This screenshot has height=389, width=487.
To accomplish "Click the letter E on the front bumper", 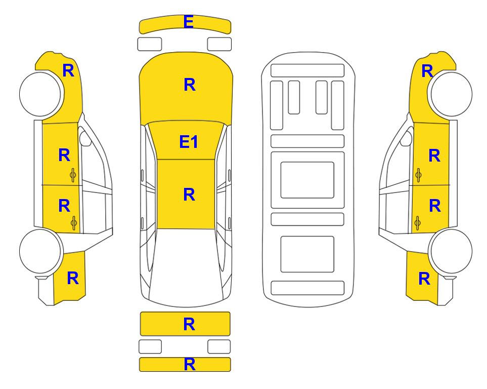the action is [x=189, y=22].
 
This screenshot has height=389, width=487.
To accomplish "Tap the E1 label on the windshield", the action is [x=189, y=142].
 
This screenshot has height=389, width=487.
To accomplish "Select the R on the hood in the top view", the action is [x=190, y=85].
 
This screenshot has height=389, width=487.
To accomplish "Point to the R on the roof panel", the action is [x=189, y=194].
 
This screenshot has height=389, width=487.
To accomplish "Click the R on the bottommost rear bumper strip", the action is [x=190, y=364].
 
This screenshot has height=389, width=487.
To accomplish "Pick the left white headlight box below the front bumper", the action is [x=150, y=44].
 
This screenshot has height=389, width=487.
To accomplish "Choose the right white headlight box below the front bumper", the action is [x=219, y=44].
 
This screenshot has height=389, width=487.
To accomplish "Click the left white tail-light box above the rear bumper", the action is [x=150, y=346].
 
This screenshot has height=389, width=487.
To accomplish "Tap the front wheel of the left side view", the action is [x=40, y=94].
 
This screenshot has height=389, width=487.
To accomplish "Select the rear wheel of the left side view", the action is [x=40, y=251].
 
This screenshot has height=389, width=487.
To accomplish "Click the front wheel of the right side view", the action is [x=451, y=94].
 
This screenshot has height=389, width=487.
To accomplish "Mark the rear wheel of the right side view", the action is [x=450, y=251].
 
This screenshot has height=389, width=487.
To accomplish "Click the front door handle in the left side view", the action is [x=73, y=175].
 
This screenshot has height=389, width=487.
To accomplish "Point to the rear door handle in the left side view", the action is [x=74, y=223].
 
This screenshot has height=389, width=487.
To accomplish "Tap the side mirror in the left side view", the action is [x=85, y=139].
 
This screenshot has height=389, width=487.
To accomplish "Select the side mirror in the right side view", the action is [x=406, y=139].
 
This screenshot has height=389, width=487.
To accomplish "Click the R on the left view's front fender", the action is [x=68, y=70].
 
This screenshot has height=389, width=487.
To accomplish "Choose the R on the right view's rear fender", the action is [x=424, y=279].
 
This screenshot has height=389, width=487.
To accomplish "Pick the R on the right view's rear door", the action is [x=435, y=206].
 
